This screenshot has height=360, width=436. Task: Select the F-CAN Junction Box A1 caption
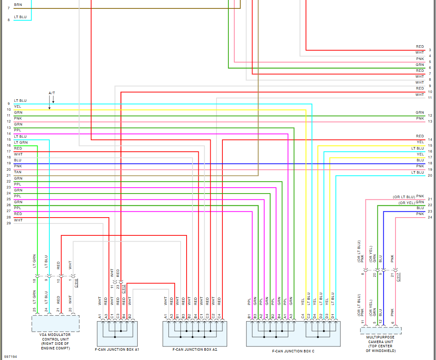[117, 349]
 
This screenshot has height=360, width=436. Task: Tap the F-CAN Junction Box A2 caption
[195, 349]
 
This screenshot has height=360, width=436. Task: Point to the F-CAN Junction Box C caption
[293, 351]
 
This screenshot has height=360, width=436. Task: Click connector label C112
[124, 289]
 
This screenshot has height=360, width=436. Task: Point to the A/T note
[52, 93]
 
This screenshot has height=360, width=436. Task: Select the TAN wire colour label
[18, 172]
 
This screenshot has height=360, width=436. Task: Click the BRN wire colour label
[18, 5]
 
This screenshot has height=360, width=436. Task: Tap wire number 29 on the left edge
[8, 223]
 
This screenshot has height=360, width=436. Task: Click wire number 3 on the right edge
[430, 50]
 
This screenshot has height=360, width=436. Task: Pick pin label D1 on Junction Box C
[333, 316]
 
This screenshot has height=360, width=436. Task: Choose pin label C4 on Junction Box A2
[219, 316]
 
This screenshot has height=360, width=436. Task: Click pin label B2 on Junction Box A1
[130, 316]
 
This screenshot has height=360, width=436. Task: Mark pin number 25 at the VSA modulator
[34, 310]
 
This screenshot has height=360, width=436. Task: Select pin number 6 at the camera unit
[393, 323]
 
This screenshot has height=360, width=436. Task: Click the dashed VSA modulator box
[55, 323]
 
